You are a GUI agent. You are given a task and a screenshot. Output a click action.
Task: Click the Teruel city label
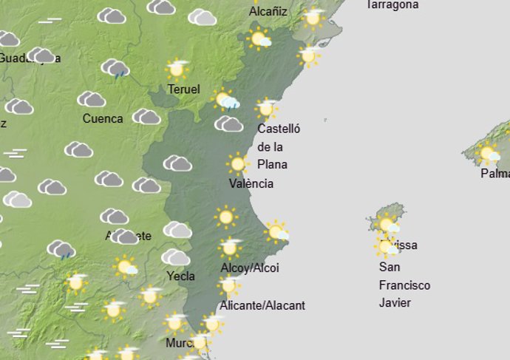click(184, 89)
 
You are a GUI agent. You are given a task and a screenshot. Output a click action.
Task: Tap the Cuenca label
click(103, 118)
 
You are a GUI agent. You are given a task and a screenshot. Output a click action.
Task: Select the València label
click(251, 183)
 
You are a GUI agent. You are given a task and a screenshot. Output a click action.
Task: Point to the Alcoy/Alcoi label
click(250, 268)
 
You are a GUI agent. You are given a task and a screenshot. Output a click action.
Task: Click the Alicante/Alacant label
click(262, 305)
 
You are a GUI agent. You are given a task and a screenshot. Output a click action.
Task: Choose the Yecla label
click(181, 276)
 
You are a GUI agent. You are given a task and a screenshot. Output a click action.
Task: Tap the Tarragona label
click(392, 4)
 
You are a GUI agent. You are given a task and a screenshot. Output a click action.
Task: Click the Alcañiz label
click(268, 12)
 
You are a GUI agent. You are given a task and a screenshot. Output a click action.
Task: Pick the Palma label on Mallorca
click(494, 174)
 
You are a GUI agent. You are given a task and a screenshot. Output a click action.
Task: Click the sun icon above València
click(237, 163)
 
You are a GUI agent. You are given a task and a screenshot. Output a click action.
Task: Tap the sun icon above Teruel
click(177, 69)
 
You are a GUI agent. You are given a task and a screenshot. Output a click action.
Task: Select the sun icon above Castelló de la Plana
click(266, 109)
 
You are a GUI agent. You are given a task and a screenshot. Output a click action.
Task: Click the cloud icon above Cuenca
click(92, 99)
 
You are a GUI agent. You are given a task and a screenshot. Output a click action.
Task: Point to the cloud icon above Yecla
click(176, 257)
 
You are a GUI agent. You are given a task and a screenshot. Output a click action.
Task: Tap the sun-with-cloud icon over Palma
click(488, 154)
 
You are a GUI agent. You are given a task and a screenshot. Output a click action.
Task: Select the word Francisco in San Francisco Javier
click(404, 285)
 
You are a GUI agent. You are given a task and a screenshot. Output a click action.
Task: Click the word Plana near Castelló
click(272, 164)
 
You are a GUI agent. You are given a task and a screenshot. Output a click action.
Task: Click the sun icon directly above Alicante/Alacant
click(229, 285)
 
